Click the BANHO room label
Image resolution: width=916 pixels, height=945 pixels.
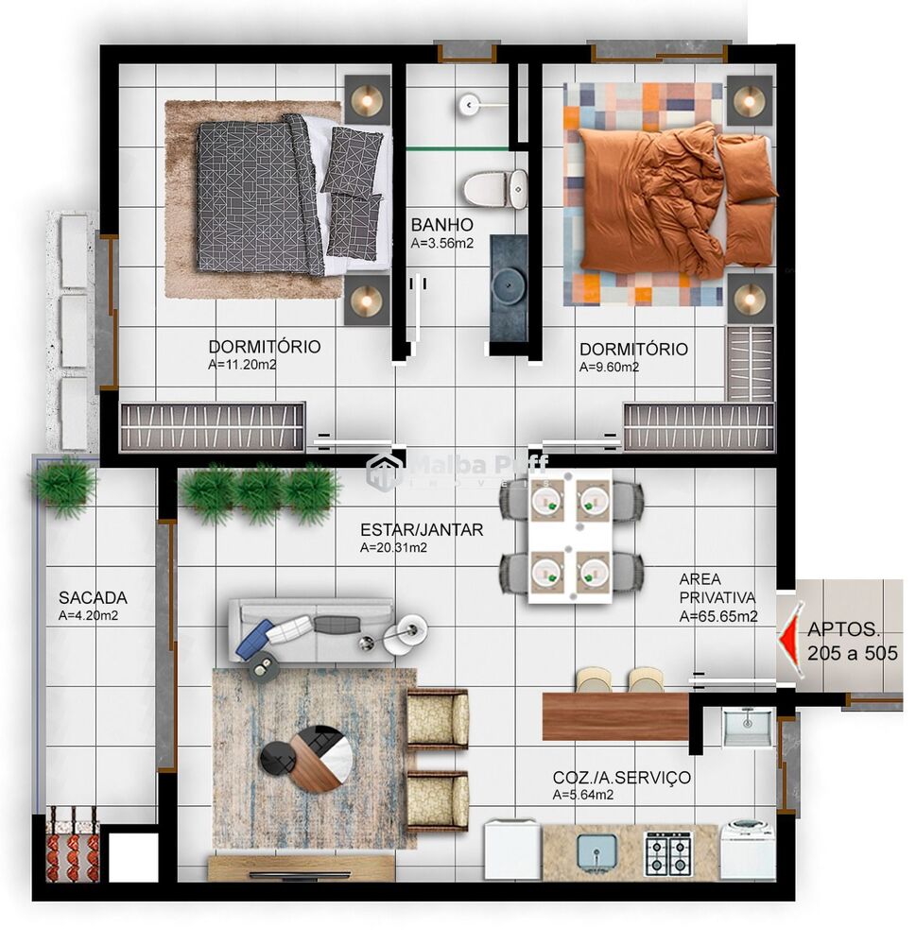(441, 225)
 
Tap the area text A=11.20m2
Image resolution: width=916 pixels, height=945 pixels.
(242, 364)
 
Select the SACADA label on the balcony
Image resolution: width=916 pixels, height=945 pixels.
(93, 597)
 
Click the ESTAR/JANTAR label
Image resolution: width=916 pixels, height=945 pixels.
(422, 529)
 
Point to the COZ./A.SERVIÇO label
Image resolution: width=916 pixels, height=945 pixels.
(621, 778)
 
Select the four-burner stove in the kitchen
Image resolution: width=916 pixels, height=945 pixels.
(667, 853)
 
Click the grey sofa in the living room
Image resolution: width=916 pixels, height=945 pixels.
(312, 631)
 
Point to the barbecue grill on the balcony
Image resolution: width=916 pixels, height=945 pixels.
(73, 843)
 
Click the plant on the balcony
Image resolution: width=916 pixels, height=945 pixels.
(64, 484)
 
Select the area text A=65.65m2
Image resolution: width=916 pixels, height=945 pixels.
(717, 617)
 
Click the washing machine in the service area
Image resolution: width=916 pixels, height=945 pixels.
(747, 850)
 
